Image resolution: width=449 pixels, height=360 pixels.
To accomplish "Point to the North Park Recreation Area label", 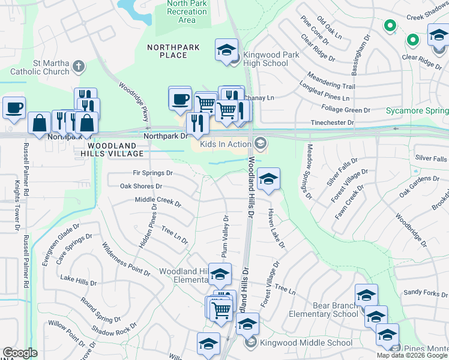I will coord(187,12).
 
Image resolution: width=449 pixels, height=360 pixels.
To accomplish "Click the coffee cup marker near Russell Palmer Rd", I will coord(14,108).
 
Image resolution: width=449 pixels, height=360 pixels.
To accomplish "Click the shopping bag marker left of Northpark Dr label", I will coord(39,123).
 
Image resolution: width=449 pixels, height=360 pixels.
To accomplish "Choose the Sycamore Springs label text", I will coord(417,111).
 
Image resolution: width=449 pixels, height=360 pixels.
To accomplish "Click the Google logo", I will coord(20,353).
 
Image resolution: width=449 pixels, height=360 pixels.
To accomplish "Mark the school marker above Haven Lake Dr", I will coord(268,179).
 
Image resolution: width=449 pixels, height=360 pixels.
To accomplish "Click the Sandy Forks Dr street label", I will coord(426,292).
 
